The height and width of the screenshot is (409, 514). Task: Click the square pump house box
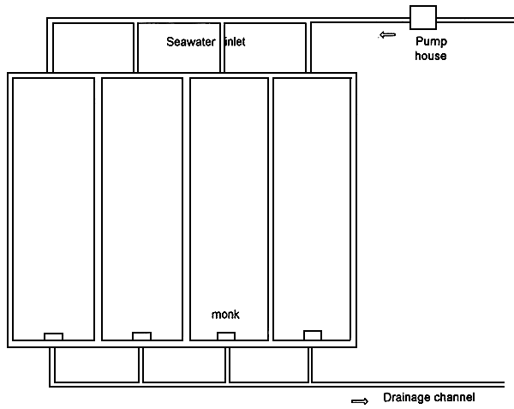(x=423, y=18)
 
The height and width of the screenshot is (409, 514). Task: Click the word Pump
(x=430, y=41)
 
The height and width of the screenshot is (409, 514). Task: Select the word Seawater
(x=193, y=42)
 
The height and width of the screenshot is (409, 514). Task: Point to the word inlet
(x=234, y=42)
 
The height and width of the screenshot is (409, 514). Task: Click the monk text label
(x=225, y=315)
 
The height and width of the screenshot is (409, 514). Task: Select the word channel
(x=453, y=397)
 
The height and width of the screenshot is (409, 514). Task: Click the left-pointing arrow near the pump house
(x=388, y=35)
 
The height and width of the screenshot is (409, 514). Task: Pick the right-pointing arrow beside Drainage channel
(x=361, y=400)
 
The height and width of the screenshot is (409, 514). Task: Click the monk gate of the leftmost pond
(x=53, y=336)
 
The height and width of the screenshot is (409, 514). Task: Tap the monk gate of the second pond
(x=142, y=336)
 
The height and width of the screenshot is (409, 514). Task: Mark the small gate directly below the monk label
(x=226, y=336)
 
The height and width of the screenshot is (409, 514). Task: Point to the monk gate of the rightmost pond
(x=313, y=335)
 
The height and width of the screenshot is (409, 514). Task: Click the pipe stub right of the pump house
(x=475, y=18)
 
